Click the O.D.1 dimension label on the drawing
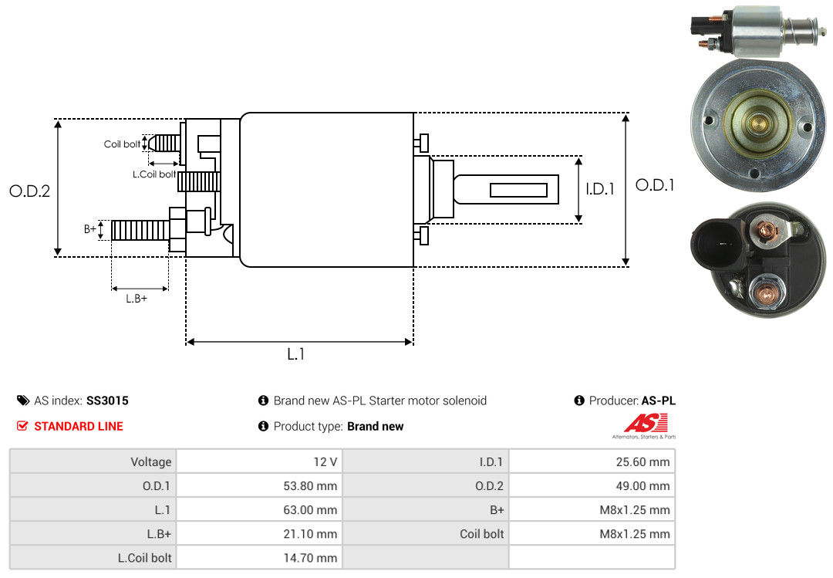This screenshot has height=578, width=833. coord(655,185)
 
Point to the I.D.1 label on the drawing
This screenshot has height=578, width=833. coord(600,188)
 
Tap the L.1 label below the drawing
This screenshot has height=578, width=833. coord(296,354)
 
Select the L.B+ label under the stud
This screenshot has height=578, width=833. coord(137,299)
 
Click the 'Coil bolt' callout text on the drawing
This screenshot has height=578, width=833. coord(122,144)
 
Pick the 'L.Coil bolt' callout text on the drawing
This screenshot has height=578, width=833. coord(154,174)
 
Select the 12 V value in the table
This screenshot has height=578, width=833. coord(324,462)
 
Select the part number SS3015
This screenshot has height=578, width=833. coord(107,401)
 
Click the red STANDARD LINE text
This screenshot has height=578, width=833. coord(78,426)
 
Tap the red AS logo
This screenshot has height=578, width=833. coord(646,423)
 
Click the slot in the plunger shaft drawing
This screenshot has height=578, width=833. coord(518,190)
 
